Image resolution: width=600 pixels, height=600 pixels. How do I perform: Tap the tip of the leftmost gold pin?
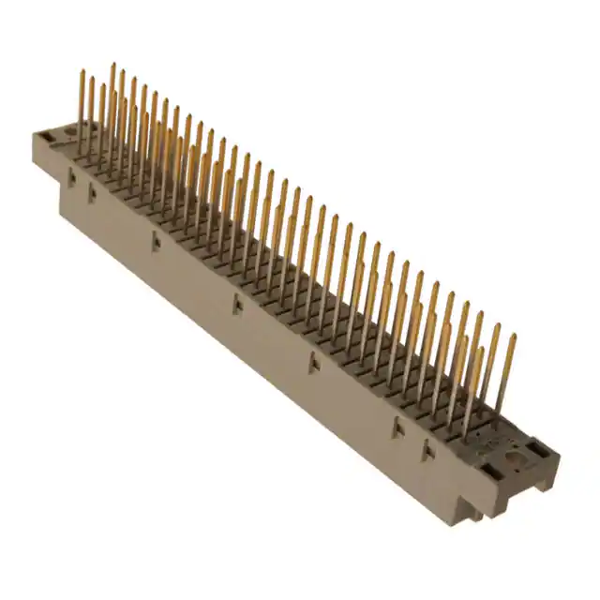coord(82,72)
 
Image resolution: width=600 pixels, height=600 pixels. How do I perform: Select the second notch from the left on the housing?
coord(93,194)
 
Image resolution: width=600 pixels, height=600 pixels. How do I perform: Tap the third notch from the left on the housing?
coord(157,243)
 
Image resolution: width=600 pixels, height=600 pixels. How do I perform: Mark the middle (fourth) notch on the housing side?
coord(237,304)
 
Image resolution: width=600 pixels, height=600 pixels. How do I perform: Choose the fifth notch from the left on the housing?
coord(314,363)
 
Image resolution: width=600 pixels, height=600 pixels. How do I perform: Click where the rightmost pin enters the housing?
coord(498,413)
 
